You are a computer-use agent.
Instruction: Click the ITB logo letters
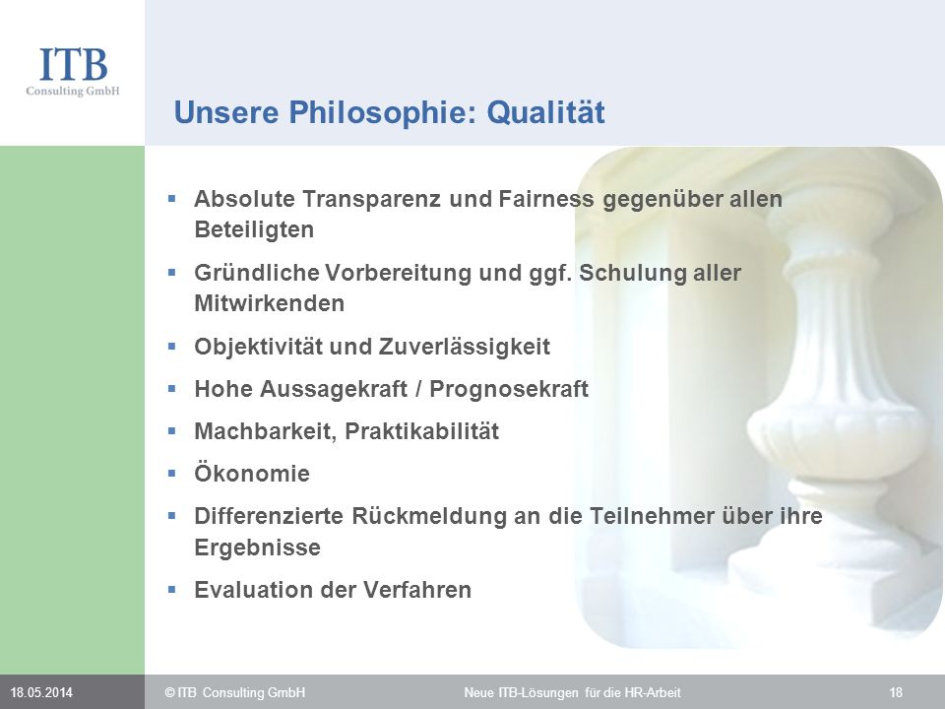[x=74, y=65]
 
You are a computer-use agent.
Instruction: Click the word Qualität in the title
[x=545, y=112]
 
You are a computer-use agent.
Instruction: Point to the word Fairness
[x=546, y=198]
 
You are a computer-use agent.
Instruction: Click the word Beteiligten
[x=254, y=229]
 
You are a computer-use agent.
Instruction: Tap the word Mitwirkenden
[x=270, y=303]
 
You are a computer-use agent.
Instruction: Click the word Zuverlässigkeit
[x=464, y=347]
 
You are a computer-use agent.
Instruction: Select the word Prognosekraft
[x=509, y=389]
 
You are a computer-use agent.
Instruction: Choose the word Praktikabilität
[x=422, y=431]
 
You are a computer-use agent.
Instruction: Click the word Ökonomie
[x=252, y=473]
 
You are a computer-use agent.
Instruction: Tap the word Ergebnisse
[x=257, y=548]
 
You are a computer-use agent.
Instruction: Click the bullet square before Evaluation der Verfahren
[x=171, y=589]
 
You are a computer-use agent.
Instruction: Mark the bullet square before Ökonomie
[x=171, y=474]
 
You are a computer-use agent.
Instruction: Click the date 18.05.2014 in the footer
[x=41, y=692]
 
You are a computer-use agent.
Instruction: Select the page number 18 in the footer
[x=896, y=692]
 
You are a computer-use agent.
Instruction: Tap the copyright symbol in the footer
[x=170, y=692]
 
